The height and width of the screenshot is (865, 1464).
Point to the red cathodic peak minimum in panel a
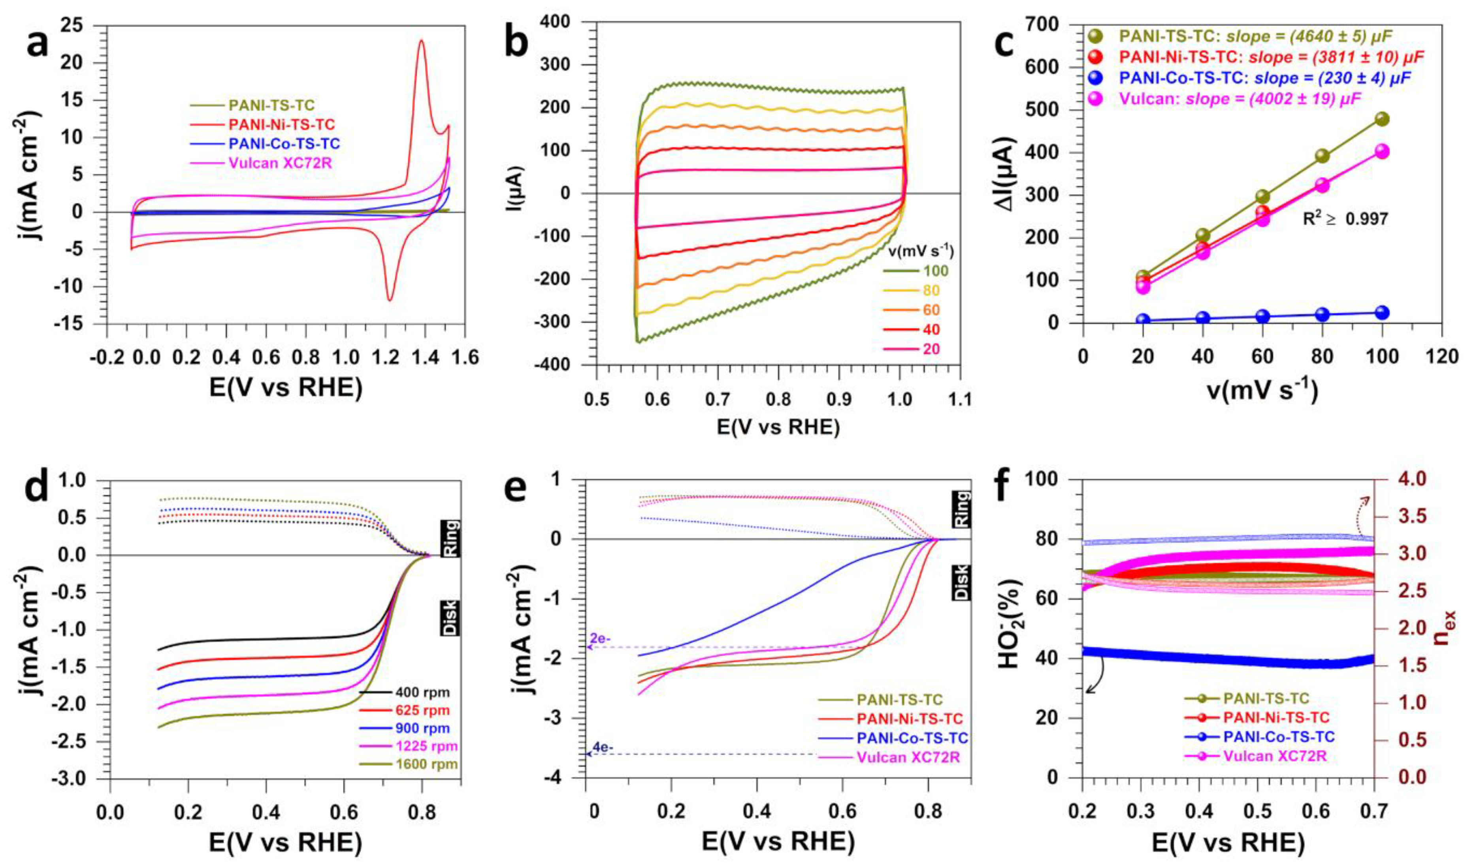coord(389,300)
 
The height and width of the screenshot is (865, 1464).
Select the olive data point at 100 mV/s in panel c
coord(1382,119)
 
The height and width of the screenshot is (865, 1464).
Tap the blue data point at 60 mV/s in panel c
coord(1263,317)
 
